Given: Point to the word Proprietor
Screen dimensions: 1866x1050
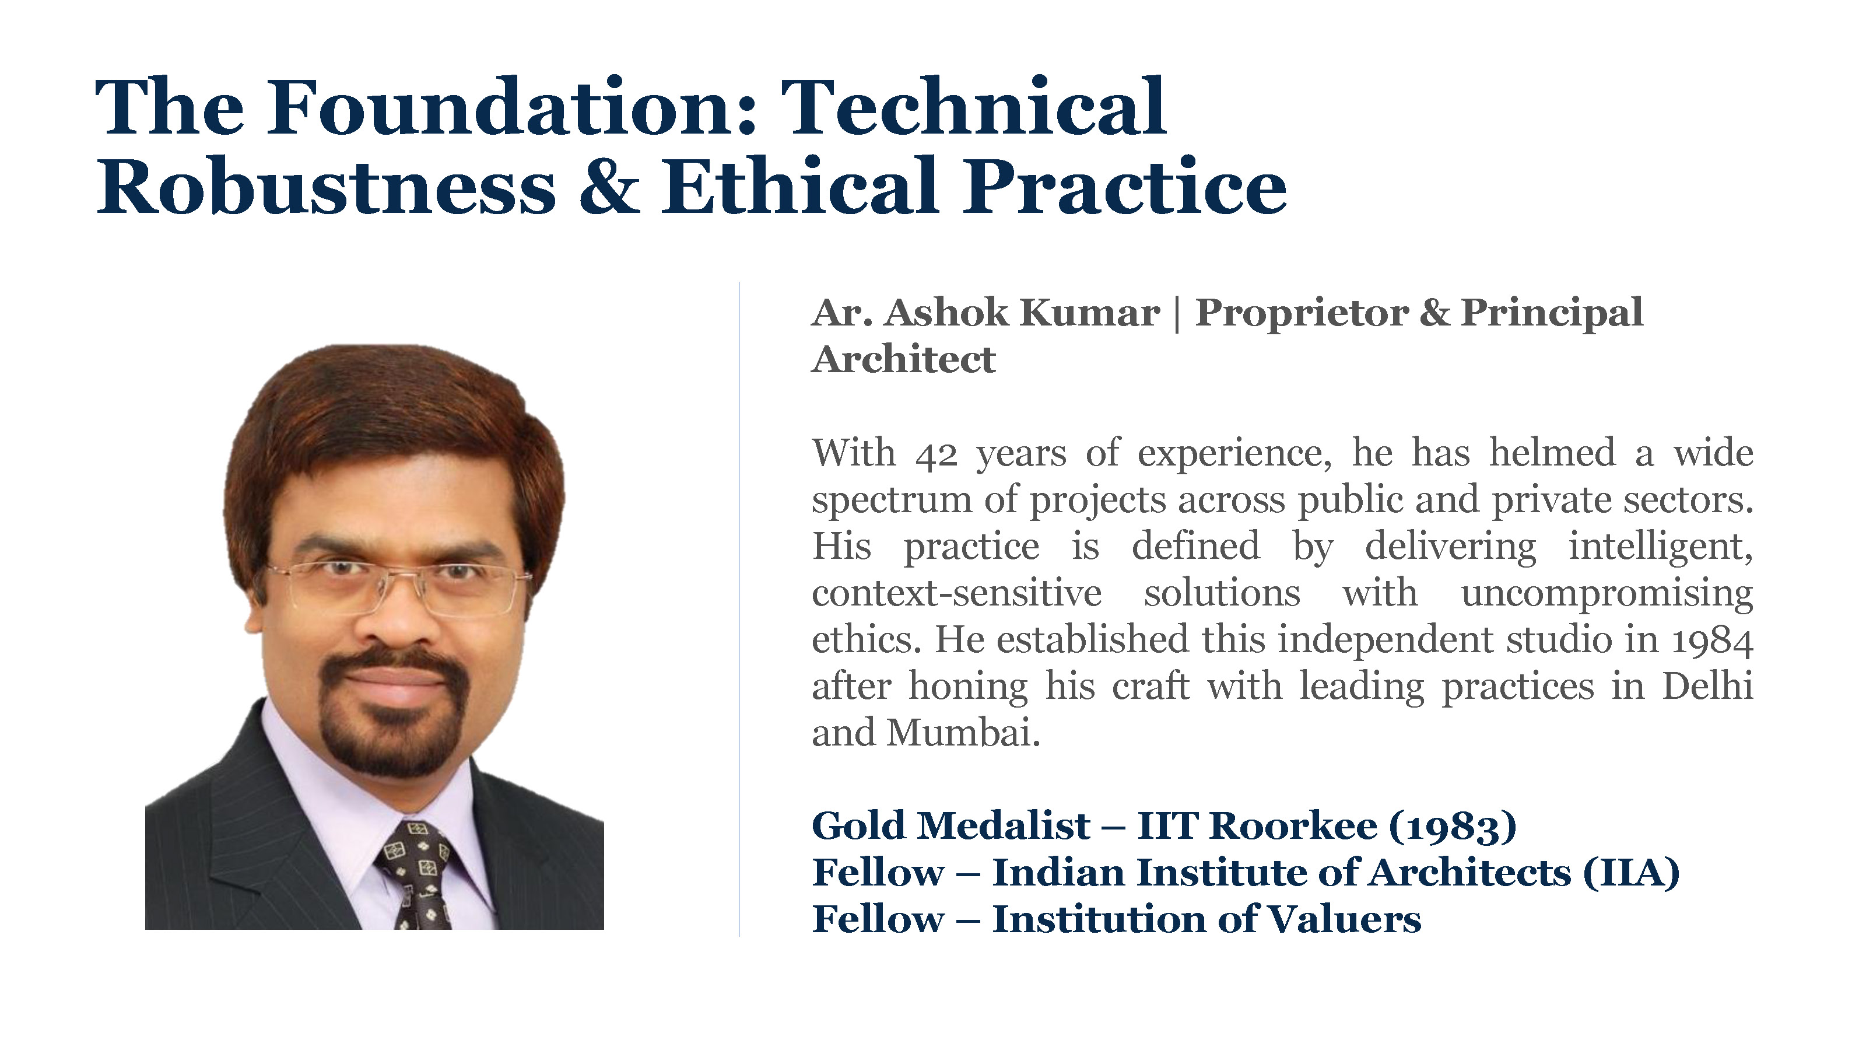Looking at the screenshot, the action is [x=1301, y=314].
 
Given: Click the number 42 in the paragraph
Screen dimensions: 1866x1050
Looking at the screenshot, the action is [x=936, y=454].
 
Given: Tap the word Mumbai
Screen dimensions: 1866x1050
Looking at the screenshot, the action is [x=963, y=733].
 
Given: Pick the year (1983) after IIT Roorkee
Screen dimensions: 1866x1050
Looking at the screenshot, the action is [x=1451, y=826].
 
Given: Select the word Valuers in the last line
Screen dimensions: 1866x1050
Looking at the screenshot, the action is [x=1345, y=919].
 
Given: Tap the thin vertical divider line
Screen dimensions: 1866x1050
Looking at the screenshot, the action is [x=739, y=608].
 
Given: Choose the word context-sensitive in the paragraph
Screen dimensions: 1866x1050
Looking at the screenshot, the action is [x=957, y=593].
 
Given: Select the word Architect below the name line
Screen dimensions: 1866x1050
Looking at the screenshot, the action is [x=904, y=359].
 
